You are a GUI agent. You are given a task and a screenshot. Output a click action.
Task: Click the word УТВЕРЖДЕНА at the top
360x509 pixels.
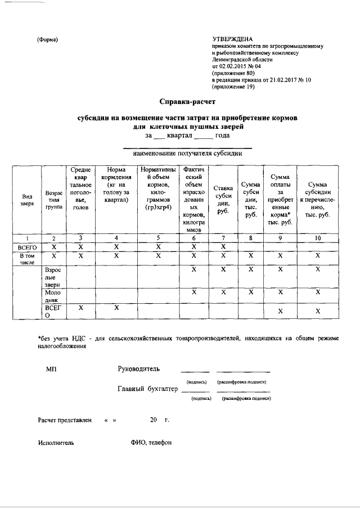tap(232, 38)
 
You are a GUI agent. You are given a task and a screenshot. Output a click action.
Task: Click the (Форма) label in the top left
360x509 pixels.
tap(48, 39)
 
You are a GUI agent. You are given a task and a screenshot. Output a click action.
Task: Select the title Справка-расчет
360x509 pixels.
tap(187, 102)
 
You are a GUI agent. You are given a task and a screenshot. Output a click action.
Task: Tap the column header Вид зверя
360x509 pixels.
tap(27, 200)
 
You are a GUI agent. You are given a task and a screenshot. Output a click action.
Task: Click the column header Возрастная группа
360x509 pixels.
tap(54, 200)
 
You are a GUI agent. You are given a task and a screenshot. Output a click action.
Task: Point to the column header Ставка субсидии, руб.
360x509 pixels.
tap(223, 199)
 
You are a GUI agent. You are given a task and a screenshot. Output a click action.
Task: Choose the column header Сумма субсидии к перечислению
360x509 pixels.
tap(318, 200)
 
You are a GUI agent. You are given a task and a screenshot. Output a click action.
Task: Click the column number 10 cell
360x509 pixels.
tap(318, 238)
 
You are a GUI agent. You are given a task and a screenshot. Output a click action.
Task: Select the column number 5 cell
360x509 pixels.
tap(159, 238)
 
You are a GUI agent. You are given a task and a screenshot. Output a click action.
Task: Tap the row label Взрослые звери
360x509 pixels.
tap(54, 277)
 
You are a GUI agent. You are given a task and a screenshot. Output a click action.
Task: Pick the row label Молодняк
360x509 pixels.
tap(54, 297)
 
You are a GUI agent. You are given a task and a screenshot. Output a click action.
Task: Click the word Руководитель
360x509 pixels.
tap(138, 369)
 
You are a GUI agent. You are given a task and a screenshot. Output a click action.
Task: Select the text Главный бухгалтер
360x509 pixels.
tap(147, 389)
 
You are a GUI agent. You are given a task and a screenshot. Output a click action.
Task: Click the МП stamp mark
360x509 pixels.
tap(51, 370)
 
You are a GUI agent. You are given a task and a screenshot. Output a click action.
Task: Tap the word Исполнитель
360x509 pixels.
tap(56, 443)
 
